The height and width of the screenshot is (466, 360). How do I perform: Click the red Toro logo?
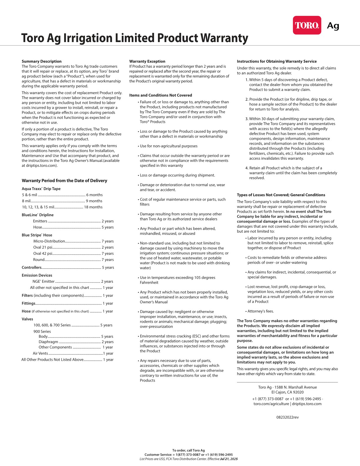[307, 25]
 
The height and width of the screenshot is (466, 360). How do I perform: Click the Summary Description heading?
[41, 61]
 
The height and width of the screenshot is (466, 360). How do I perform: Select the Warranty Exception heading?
[147, 61]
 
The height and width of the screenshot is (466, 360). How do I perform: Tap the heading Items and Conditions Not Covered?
[160, 95]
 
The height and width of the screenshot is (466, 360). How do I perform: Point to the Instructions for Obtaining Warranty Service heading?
[276, 61]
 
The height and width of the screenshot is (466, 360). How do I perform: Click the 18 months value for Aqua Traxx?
[93, 207]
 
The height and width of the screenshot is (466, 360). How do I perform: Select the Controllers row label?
[31, 267]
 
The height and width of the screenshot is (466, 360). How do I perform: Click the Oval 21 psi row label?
[43, 247]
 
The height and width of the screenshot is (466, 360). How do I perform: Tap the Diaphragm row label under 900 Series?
[48, 342]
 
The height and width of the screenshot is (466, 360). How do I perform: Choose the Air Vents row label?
[40, 353]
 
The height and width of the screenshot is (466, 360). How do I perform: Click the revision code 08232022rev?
[287, 417]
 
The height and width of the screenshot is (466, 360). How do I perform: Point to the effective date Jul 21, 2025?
[229, 459]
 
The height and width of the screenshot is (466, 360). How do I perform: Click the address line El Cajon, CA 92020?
[287, 392]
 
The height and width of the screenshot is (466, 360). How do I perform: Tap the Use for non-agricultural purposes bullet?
[169, 146]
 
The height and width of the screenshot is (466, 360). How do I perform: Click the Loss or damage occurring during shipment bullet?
[177, 175]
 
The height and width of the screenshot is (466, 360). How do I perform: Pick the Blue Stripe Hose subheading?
[37, 235]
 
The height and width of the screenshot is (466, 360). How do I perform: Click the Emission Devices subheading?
[37, 275]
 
